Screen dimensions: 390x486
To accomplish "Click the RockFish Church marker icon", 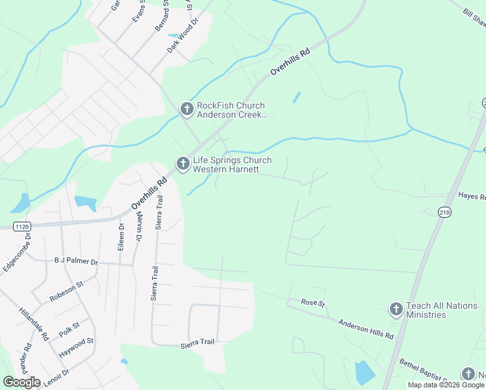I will click(186, 109).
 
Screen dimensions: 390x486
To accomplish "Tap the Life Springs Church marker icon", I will click(183, 164).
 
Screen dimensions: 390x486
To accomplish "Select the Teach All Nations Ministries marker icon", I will click(396, 309).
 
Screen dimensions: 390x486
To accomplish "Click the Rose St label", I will click(313, 302).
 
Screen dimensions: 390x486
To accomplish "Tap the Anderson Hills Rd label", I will click(366, 328).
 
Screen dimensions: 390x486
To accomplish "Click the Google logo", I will click(22, 382).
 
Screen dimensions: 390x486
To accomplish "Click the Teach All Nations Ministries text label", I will click(436, 310).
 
